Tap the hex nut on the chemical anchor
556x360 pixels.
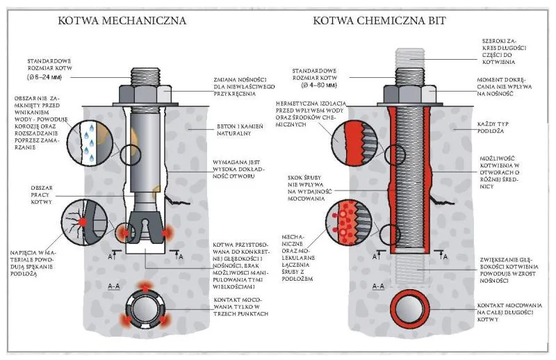point(405,93)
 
